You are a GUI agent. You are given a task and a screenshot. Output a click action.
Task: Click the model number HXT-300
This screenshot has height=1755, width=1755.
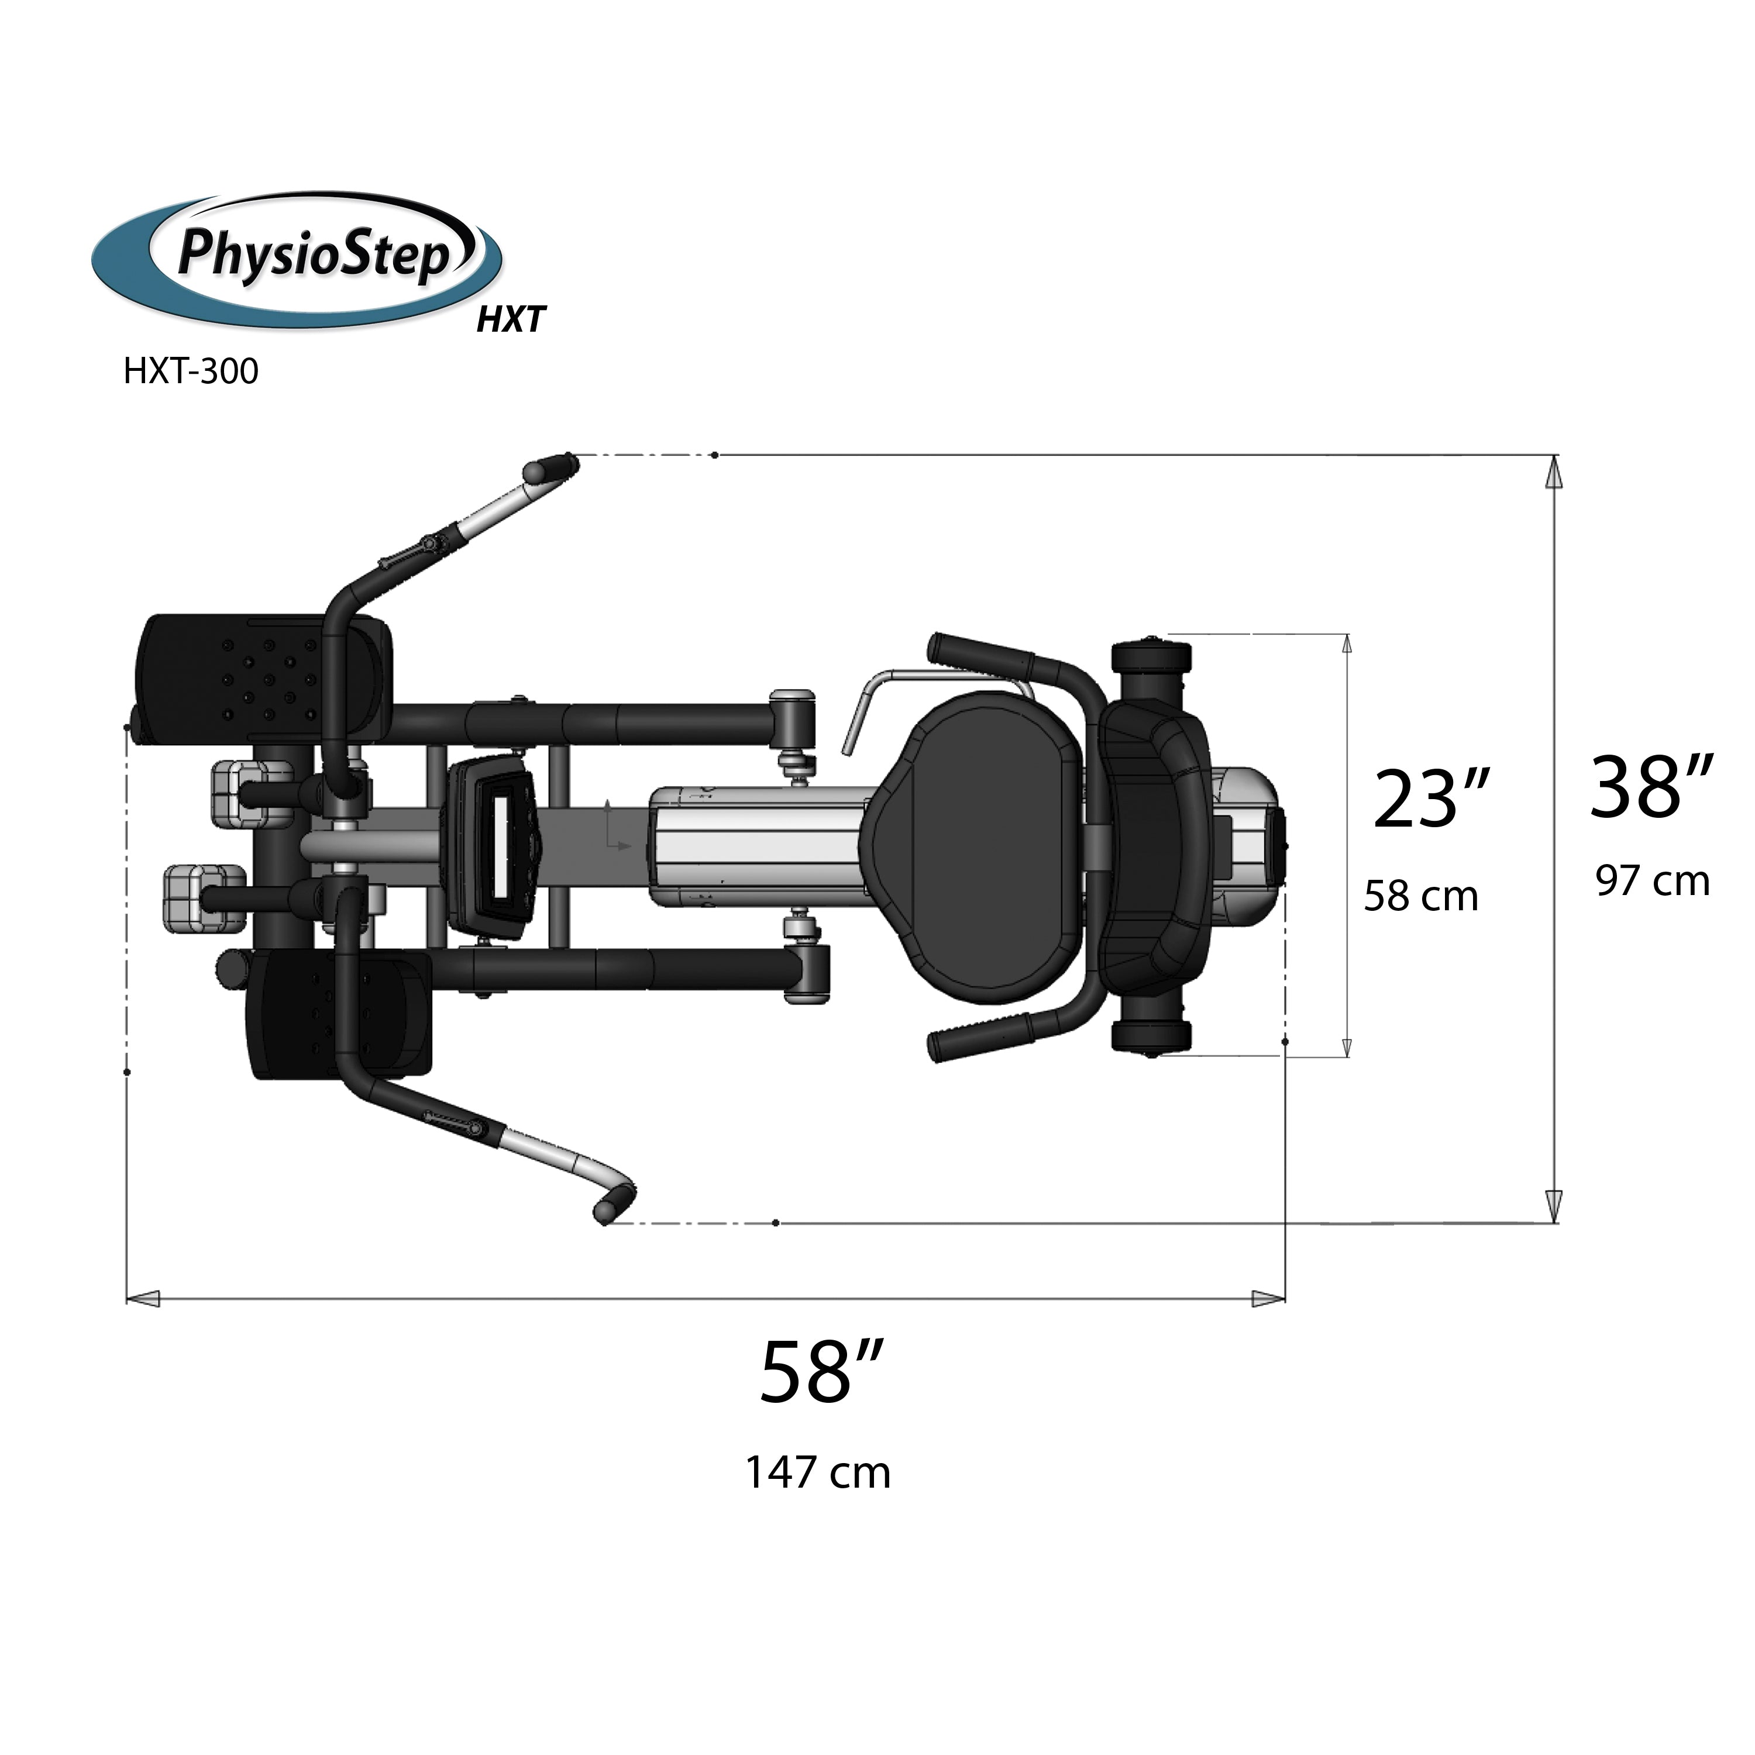(191, 371)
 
